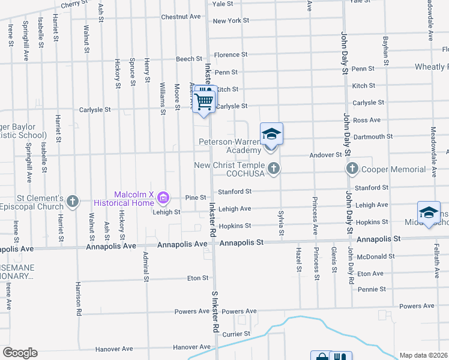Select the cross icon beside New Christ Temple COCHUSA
point(274,169)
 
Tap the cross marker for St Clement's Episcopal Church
point(73,201)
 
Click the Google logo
point(19,353)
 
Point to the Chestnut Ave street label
point(180,17)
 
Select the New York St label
point(231,21)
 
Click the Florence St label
point(227,55)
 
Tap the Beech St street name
point(189,59)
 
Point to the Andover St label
point(325,155)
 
